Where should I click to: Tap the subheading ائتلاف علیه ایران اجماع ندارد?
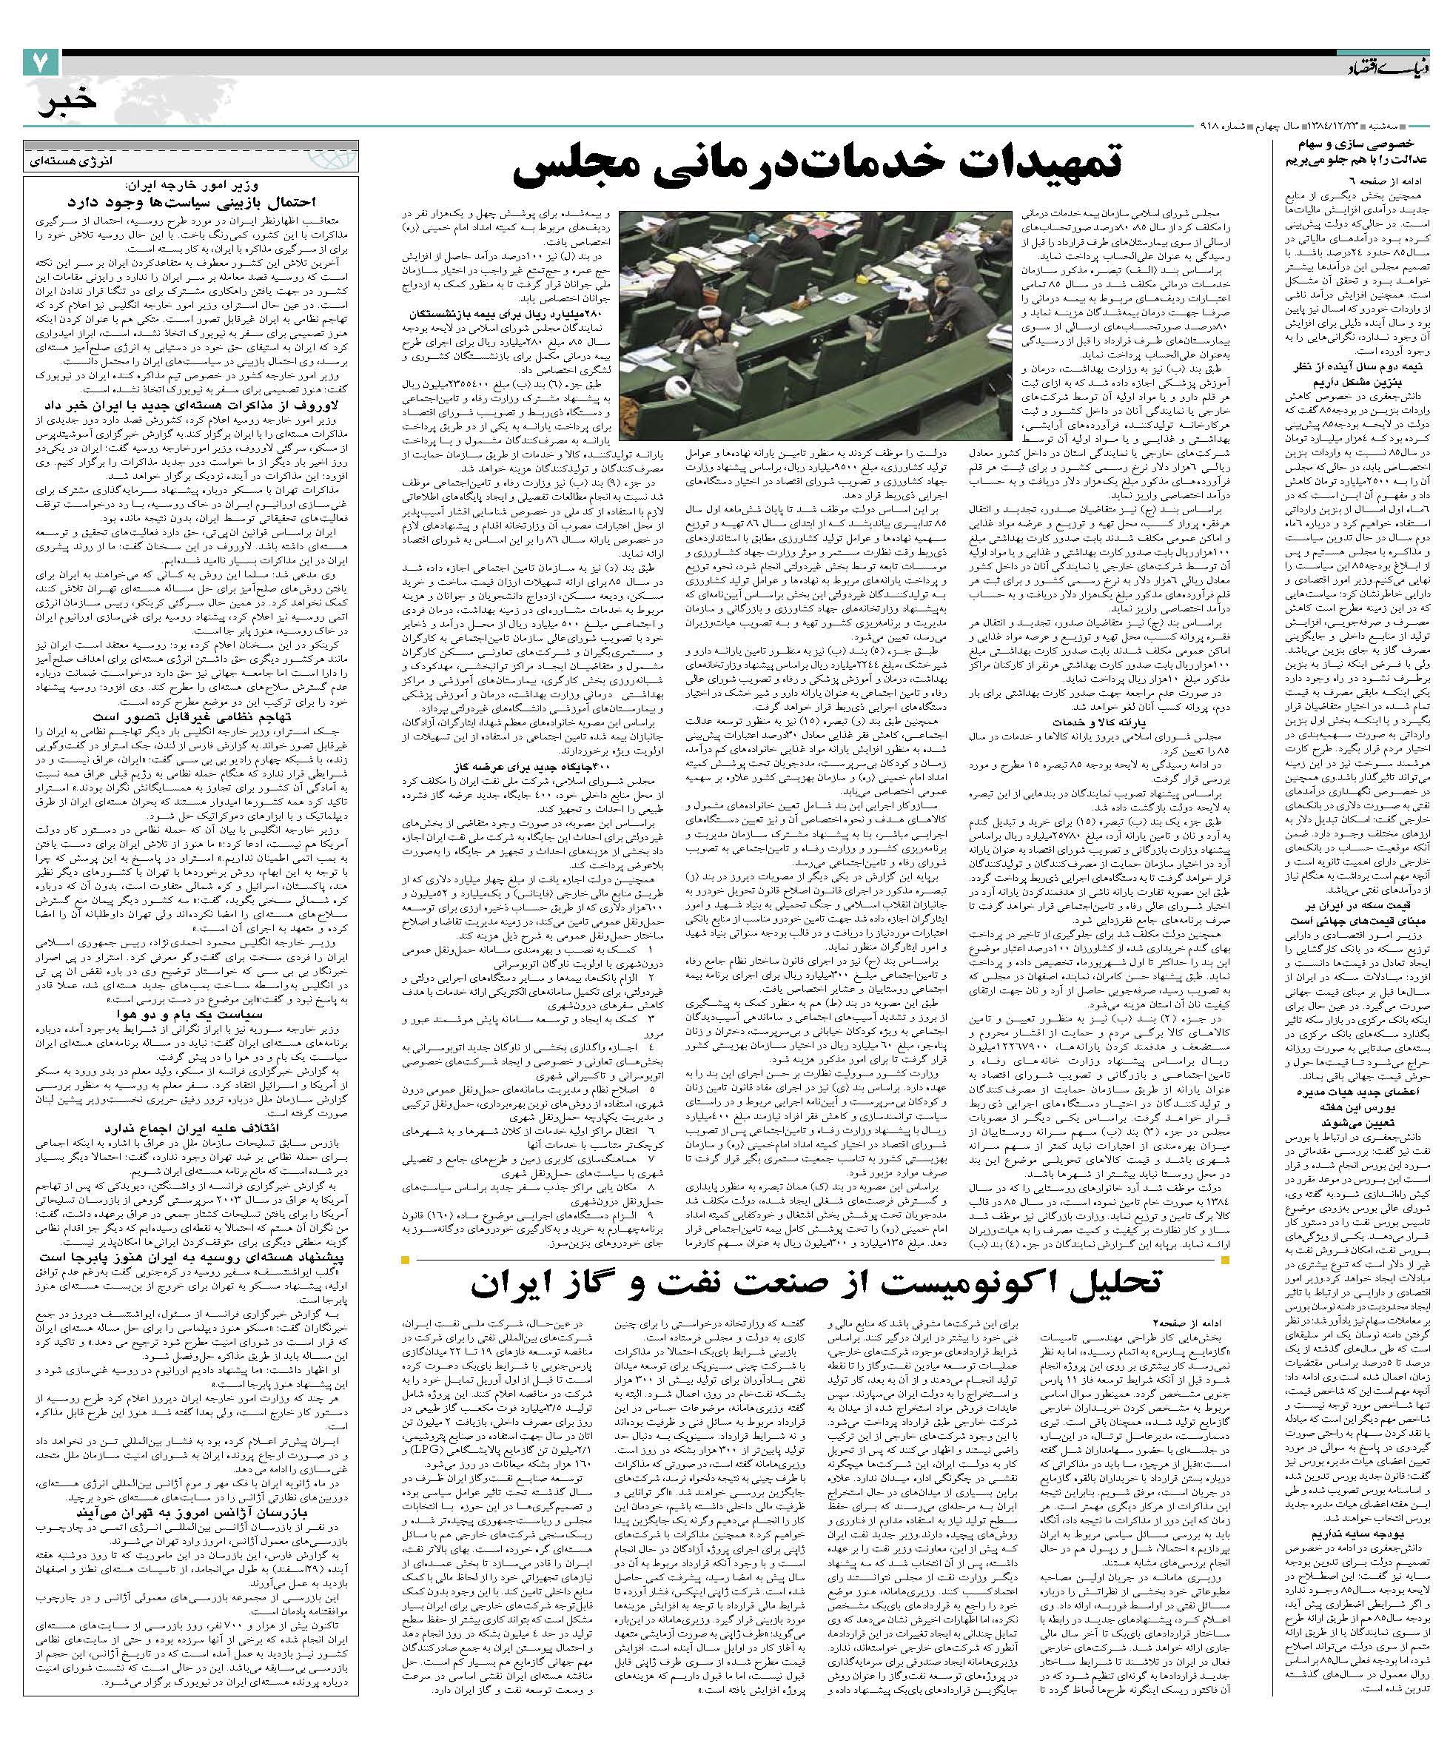(x=195, y=1128)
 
